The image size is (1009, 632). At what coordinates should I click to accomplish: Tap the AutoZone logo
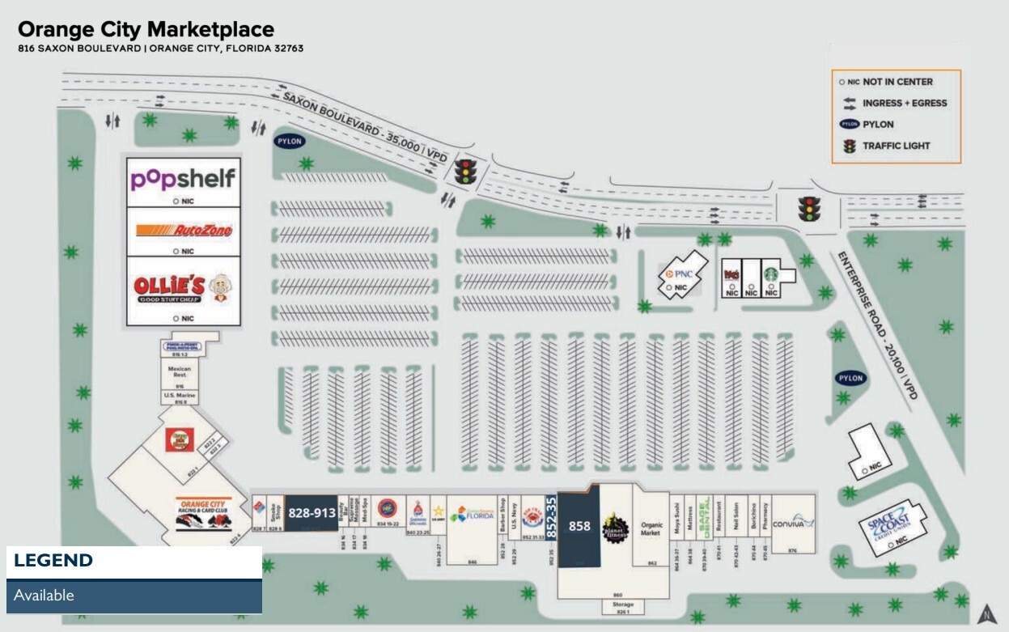click(184, 231)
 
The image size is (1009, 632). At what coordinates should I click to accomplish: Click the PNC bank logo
click(679, 274)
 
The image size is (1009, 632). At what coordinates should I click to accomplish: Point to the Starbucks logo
click(771, 274)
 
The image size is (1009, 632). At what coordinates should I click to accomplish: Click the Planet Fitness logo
click(615, 528)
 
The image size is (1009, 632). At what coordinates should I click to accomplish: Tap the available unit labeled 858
click(579, 526)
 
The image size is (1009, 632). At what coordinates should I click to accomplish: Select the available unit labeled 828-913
click(312, 513)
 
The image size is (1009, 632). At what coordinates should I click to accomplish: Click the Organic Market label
click(652, 529)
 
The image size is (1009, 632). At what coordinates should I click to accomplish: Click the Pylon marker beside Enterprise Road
click(850, 378)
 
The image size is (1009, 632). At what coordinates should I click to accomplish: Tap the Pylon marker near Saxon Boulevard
click(289, 141)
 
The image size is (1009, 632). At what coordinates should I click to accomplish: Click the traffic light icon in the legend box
click(849, 146)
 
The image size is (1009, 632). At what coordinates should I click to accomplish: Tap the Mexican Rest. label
click(179, 372)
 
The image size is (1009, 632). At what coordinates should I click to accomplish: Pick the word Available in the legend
click(44, 596)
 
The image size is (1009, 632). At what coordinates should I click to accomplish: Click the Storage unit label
click(622, 604)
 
